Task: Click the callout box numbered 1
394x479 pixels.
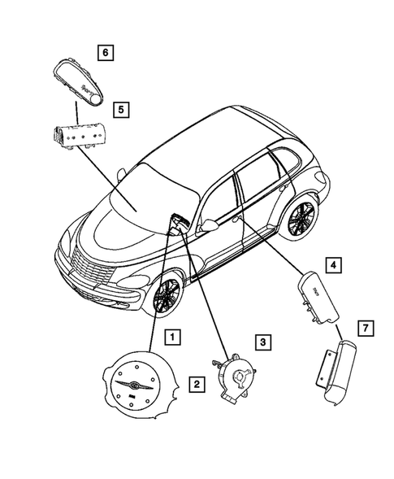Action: coord(171,335)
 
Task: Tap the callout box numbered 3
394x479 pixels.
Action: coord(262,342)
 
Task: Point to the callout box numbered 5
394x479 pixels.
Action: coord(120,107)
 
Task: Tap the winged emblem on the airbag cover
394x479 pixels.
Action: coord(129,385)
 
